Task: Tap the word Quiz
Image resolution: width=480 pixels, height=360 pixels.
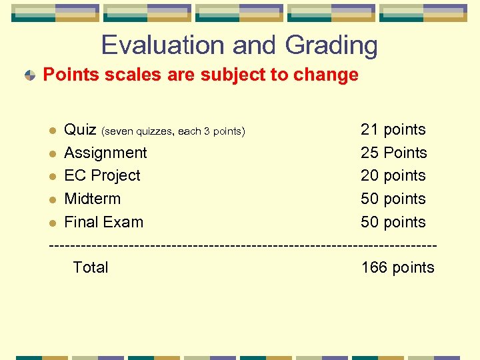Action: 80,129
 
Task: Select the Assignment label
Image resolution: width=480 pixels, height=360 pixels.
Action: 105,153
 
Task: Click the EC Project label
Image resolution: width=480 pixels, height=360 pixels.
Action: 102,176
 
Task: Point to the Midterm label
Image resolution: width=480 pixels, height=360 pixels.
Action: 92,199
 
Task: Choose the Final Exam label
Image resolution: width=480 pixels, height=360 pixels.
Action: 103,222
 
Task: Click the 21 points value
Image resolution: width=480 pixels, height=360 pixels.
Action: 393,129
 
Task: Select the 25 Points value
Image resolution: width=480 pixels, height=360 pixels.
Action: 393,153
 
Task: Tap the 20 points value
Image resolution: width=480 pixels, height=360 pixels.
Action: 393,176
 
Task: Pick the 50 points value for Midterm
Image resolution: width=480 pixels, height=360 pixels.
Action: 393,199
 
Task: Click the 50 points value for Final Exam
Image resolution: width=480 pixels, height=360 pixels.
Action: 393,222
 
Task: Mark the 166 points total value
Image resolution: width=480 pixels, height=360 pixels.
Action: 397,268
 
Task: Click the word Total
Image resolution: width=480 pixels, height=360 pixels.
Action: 90,268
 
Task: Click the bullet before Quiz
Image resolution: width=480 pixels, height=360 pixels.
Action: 53,130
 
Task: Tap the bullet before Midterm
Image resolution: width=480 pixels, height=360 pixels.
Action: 53,199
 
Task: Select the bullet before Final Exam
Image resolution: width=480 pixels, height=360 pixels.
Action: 53,223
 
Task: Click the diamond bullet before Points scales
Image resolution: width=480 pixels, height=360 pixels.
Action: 30,75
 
